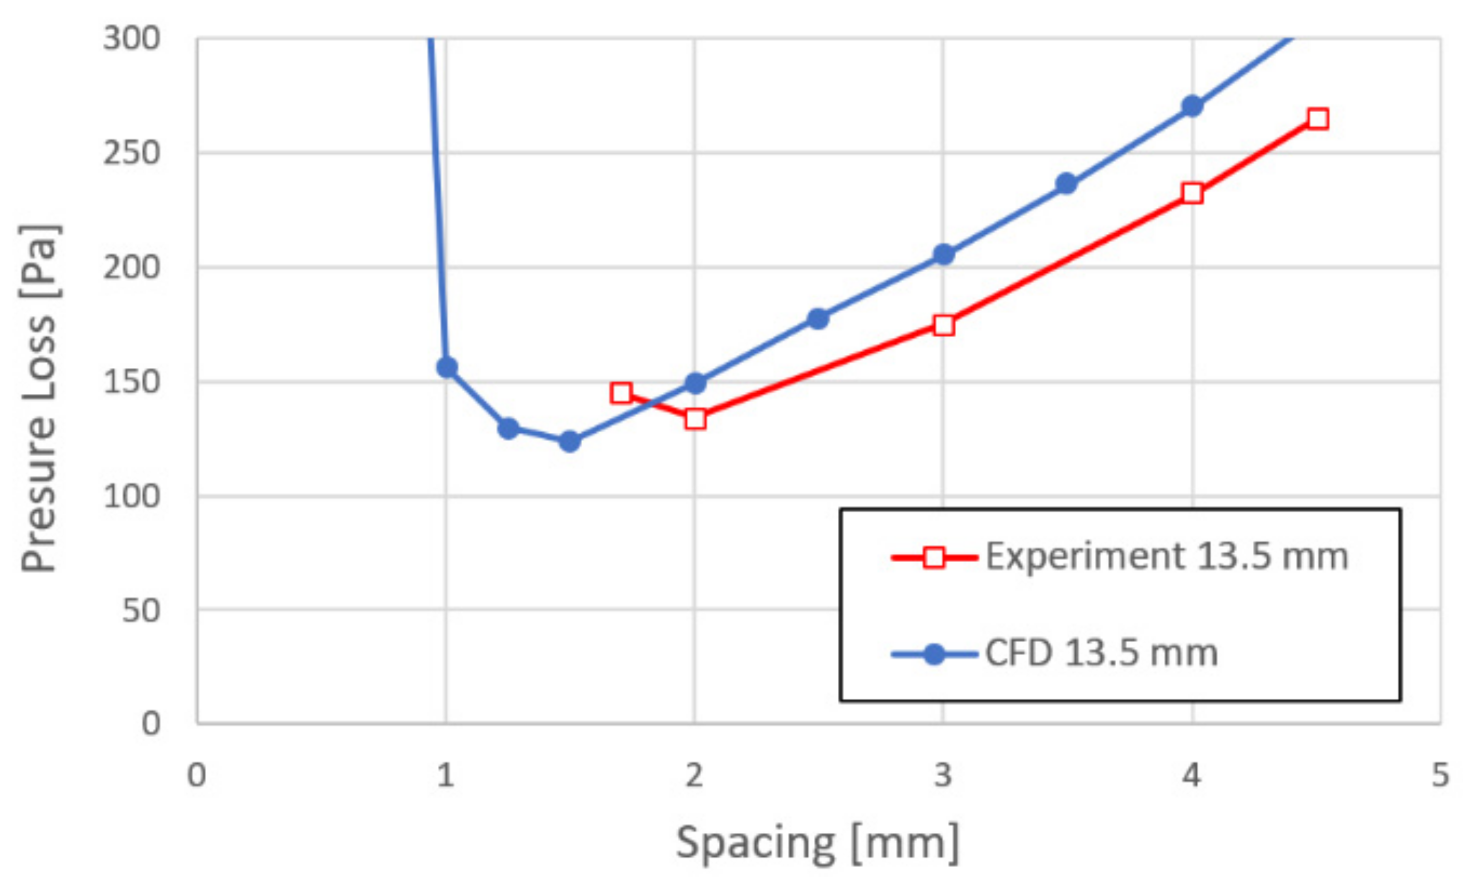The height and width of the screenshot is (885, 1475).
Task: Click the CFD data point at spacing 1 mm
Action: pos(447,367)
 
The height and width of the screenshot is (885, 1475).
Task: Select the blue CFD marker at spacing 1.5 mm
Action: pos(569,441)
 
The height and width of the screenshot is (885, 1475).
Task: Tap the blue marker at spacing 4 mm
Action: pos(1192,107)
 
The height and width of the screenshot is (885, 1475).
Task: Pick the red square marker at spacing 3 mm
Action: pos(944,325)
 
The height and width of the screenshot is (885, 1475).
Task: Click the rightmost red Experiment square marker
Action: pos(1318,119)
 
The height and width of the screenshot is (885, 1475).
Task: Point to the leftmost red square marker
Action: pos(621,392)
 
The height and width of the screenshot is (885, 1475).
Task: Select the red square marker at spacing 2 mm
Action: pos(695,419)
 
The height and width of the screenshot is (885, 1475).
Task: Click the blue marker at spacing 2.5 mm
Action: pos(818,319)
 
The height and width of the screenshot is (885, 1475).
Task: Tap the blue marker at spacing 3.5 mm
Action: pos(1067,184)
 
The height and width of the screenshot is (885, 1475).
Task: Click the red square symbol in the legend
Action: pos(934,558)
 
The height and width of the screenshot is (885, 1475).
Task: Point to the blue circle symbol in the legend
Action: pos(934,654)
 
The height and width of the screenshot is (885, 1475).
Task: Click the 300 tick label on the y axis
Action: pos(132,39)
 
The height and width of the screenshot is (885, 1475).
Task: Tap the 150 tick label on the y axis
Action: pos(132,382)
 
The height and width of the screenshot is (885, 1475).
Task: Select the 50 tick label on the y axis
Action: pos(141,611)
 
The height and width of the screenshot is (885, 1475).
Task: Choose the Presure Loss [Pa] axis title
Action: pos(39,398)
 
